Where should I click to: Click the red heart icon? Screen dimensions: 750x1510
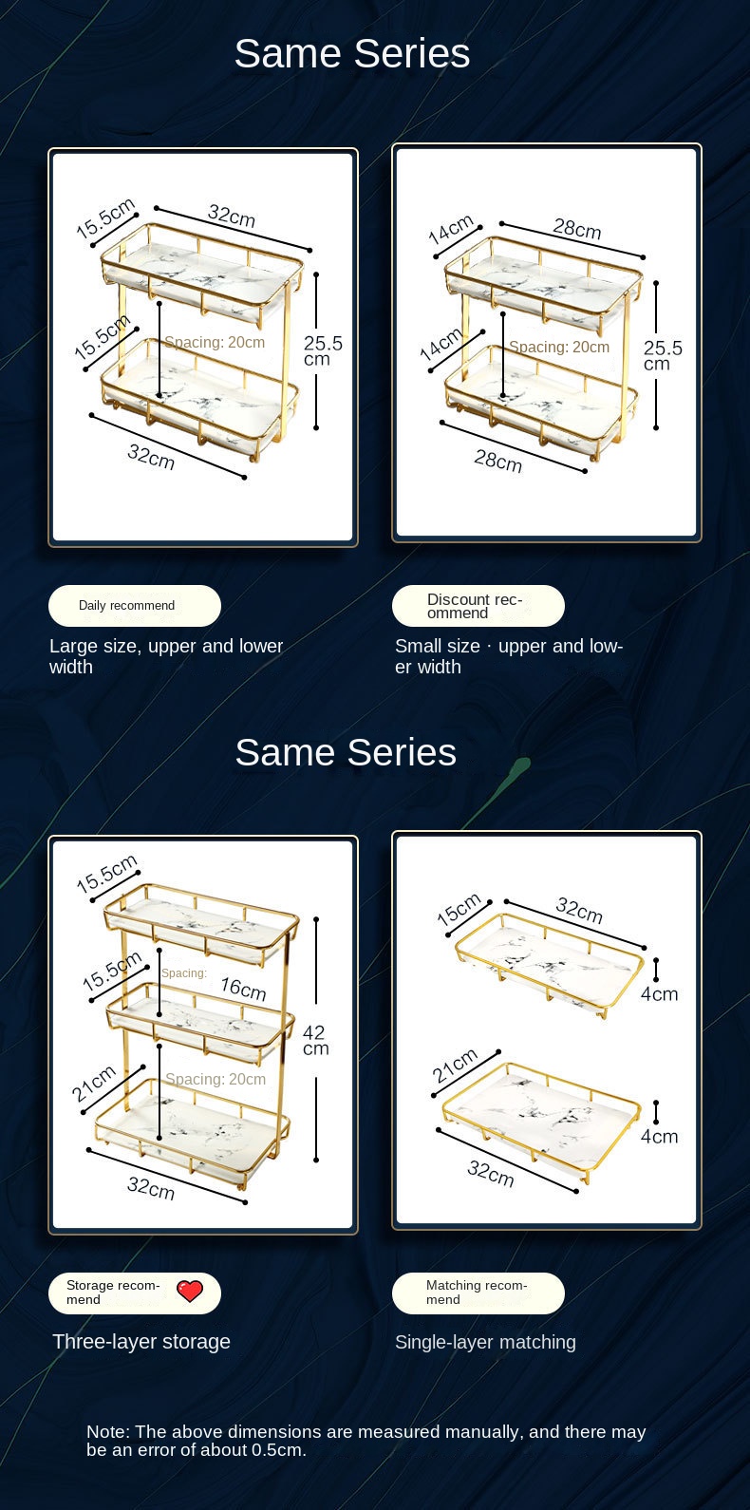(190, 1292)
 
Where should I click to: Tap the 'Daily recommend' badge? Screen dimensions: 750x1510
(135, 605)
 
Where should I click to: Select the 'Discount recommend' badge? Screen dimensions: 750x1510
(478, 605)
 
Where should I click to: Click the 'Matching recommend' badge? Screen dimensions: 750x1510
(478, 1293)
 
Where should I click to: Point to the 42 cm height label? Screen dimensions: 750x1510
(315, 1040)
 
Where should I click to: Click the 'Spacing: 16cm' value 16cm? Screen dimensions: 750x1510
(243, 989)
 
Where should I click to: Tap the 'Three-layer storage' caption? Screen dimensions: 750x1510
(141, 1342)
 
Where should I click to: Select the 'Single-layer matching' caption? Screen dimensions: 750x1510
(485, 1342)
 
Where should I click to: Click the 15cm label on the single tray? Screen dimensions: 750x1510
(459, 910)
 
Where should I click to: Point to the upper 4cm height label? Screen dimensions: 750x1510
(659, 994)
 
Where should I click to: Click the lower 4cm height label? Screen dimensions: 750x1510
(659, 1137)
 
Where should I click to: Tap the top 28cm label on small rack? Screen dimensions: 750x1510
(577, 229)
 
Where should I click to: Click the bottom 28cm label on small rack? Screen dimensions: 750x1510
(498, 462)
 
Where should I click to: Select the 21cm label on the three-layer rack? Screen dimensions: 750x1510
(94, 1084)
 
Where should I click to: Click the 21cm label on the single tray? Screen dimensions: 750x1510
(455, 1066)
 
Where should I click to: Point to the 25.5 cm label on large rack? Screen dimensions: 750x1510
(323, 351)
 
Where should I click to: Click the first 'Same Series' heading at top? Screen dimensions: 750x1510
(352, 53)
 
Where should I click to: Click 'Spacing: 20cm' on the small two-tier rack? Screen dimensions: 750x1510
(559, 348)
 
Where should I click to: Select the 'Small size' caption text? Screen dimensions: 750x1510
(438, 646)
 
